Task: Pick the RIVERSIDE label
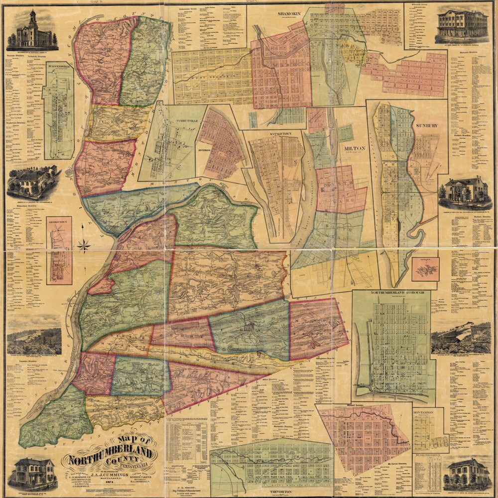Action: (204, 149)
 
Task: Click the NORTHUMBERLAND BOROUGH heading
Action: (390, 293)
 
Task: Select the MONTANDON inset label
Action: (423, 413)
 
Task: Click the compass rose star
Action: (84, 245)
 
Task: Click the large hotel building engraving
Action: (462, 26)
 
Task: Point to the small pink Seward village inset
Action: (425, 269)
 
